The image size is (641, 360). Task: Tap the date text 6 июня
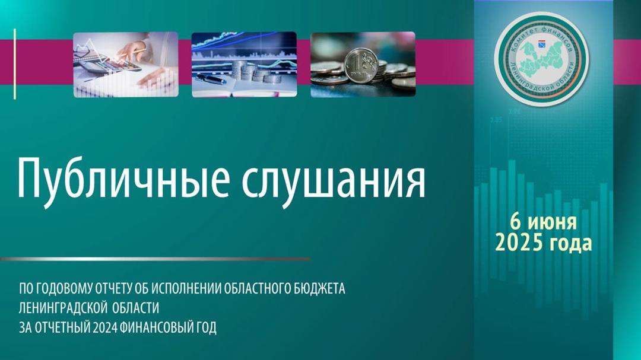543,222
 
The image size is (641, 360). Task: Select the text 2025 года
543,243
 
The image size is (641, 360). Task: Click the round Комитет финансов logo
541,60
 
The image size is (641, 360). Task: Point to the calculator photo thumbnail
126,65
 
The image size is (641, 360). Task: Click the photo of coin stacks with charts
244,65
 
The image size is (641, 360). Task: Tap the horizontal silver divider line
156,259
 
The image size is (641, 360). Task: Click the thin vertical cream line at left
15,63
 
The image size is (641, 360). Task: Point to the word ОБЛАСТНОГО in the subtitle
258,288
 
